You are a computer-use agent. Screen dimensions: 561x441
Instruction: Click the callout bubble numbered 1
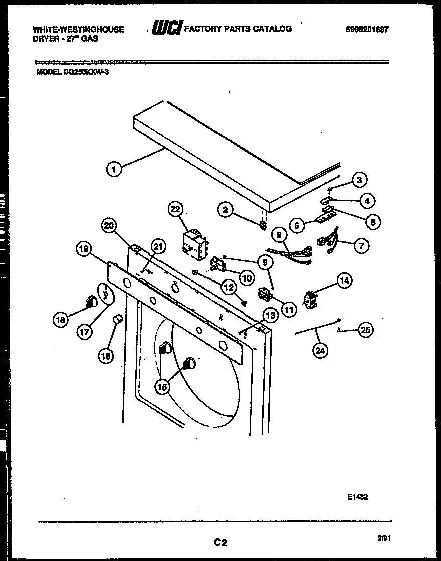[114, 170]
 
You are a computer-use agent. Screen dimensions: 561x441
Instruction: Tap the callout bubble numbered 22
[176, 209]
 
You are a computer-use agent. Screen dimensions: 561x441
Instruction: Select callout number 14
[344, 281]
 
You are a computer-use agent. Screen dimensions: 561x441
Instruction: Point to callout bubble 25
[366, 330]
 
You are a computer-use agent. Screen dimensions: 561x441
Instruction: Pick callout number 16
[106, 356]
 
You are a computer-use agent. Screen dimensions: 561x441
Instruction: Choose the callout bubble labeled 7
[362, 245]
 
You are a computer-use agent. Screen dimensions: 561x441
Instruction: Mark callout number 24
[320, 351]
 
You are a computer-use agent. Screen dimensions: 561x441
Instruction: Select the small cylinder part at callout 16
[118, 319]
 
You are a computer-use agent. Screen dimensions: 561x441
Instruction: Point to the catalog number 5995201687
[367, 30]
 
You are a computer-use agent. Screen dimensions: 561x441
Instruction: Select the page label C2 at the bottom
[220, 542]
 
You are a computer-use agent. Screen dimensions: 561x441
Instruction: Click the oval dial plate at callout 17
[105, 294]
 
